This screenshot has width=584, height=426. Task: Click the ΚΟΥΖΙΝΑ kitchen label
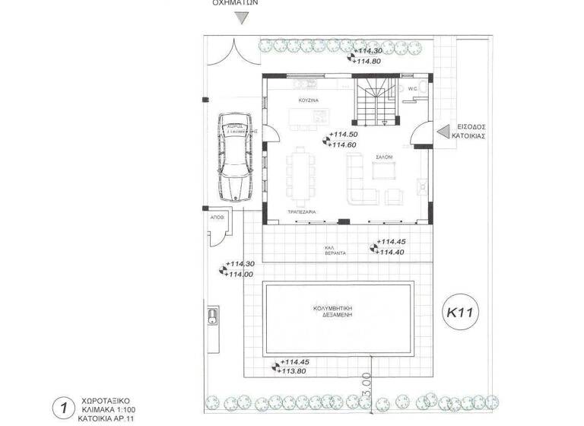(x=307, y=100)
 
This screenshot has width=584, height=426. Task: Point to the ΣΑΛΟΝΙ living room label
(x=382, y=156)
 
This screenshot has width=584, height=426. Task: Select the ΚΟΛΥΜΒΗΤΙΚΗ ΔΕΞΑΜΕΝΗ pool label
(x=339, y=313)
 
